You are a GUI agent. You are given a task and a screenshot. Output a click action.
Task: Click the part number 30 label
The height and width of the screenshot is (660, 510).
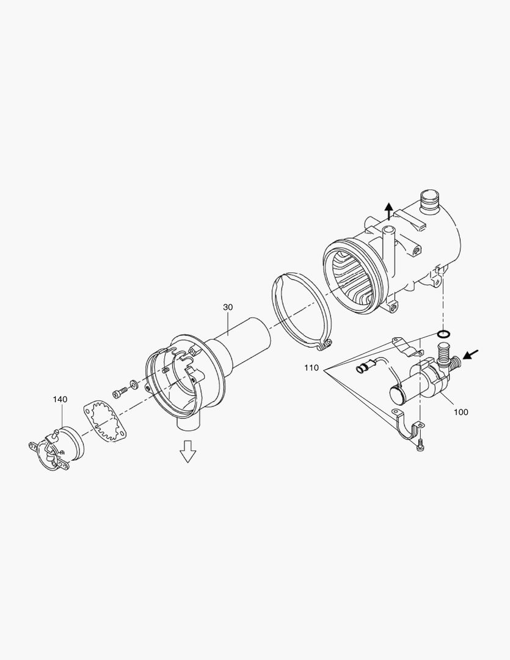(x=228, y=307)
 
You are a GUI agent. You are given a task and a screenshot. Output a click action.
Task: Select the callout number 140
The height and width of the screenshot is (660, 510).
(x=60, y=399)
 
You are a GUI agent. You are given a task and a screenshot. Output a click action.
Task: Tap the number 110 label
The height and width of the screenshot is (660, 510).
(x=311, y=369)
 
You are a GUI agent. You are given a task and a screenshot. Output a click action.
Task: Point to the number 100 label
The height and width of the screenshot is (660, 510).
(x=461, y=412)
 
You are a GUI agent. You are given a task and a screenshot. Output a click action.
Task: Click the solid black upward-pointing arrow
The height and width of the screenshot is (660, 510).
(x=388, y=211)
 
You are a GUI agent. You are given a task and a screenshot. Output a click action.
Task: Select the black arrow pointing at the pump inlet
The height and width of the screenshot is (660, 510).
(x=472, y=354)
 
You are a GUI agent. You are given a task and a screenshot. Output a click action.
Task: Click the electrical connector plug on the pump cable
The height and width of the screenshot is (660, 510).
(x=362, y=369)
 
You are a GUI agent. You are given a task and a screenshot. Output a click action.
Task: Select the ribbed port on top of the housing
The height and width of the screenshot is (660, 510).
(x=431, y=202)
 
